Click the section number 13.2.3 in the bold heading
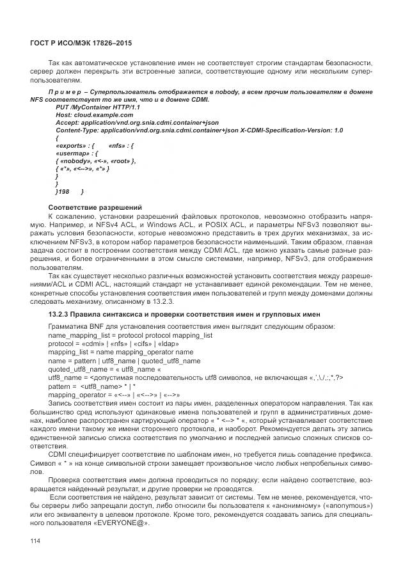pos(62,315)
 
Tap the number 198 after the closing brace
pos(64,191)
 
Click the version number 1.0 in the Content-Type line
pos(338,130)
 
